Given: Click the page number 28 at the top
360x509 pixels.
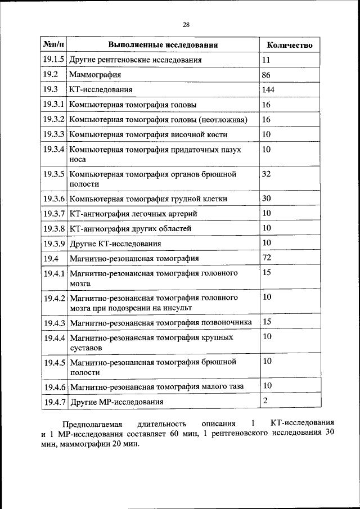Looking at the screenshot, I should [x=186, y=24].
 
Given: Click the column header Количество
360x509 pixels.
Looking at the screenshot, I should [x=290, y=45].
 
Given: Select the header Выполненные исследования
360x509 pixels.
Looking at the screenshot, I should [x=163, y=45].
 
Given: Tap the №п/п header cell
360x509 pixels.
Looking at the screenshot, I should [x=53, y=44].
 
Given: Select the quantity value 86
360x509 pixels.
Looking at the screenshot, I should [x=267, y=74].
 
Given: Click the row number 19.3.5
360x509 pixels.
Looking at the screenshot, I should [x=54, y=174].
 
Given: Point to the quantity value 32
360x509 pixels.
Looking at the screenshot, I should [x=267, y=174].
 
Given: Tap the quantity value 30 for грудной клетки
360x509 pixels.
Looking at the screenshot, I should [x=267, y=198].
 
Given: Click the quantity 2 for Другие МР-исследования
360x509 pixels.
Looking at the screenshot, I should [x=265, y=400].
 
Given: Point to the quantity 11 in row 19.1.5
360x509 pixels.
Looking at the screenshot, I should [x=267, y=59].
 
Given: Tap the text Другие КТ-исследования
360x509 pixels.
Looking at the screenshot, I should [x=115, y=244].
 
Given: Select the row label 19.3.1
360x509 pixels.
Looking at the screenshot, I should [x=54, y=105].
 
